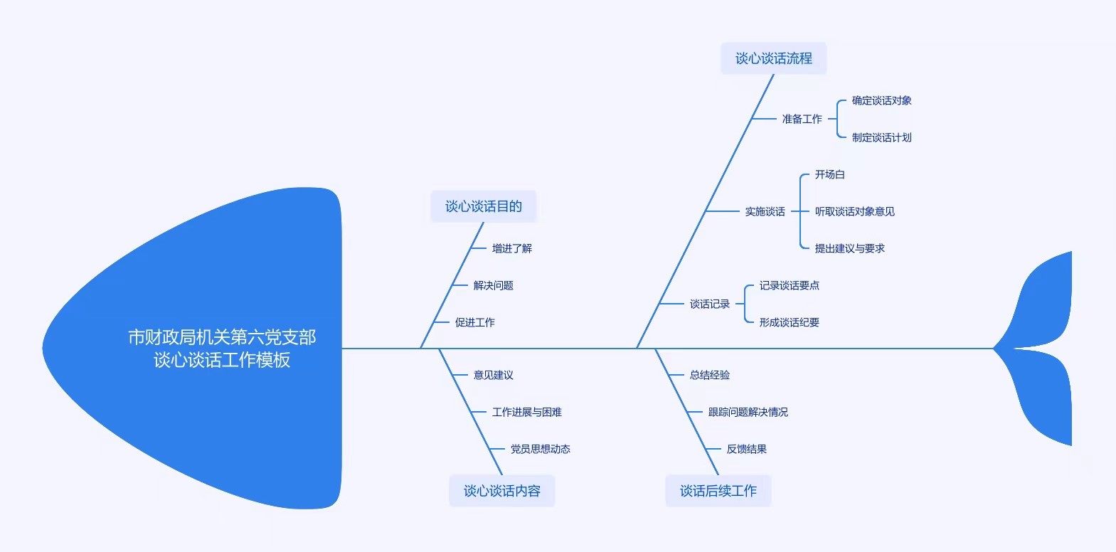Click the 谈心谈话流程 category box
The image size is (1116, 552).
773,58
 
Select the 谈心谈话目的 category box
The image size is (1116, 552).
483,206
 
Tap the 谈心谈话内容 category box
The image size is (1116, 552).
501,491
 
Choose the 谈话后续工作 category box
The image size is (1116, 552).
718,491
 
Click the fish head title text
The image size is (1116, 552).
222,349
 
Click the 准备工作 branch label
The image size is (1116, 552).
802,119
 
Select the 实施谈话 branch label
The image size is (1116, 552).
765,212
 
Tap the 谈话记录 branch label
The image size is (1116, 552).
709,304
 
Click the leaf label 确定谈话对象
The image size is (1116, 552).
881,100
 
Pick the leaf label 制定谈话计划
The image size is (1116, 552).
881,137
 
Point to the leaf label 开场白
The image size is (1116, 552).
829,174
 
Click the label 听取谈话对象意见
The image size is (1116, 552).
854,212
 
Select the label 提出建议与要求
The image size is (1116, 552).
849,248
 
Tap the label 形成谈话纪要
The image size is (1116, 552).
790,322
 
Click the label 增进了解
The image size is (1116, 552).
511,248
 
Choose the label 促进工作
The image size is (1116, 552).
475,322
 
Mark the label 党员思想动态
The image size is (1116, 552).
540,449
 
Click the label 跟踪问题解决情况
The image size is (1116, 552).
748,412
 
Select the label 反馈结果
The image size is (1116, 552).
746,449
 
